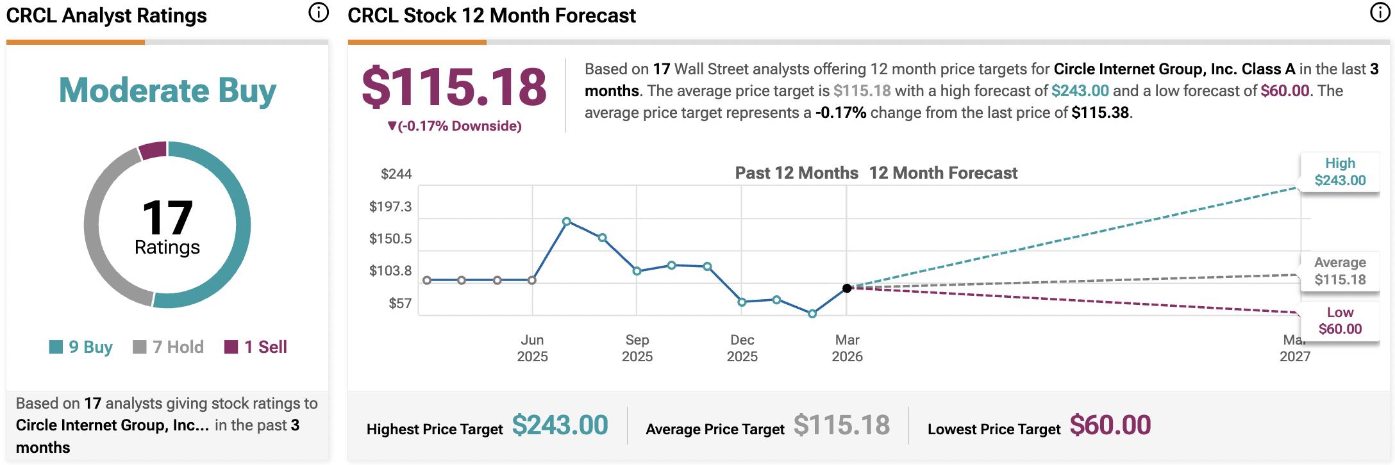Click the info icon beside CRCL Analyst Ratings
pyautogui.click(x=319, y=13)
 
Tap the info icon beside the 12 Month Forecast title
pyautogui.click(x=1380, y=13)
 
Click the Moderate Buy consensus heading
pyautogui.click(x=167, y=90)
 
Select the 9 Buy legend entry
pyautogui.click(x=81, y=347)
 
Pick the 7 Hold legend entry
pyautogui.click(x=169, y=347)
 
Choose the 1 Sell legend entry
pyautogui.click(x=256, y=347)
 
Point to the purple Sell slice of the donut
pyautogui.click(x=153, y=150)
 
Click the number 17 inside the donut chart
pyautogui.click(x=167, y=218)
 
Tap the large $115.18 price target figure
pyautogui.click(x=454, y=87)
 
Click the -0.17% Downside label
pyautogui.click(x=455, y=126)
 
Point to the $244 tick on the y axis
pyautogui.click(x=396, y=174)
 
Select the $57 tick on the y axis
pyautogui.click(x=400, y=304)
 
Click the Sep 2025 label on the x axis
pyautogui.click(x=637, y=348)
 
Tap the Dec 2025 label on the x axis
pyautogui.click(x=742, y=348)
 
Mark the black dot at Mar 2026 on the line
pyautogui.click(x=847, y=288)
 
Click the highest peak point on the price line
pyautogui.click(x=567, y=222)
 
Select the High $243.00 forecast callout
pyautogui.click(x=1340, y=172)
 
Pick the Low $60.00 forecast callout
pyautogui.click(x=1340, y=320)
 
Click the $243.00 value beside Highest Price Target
pyautogui.click(x=560, y=425)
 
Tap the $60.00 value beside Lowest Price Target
pyautogui.click(x=1110, y=425)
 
